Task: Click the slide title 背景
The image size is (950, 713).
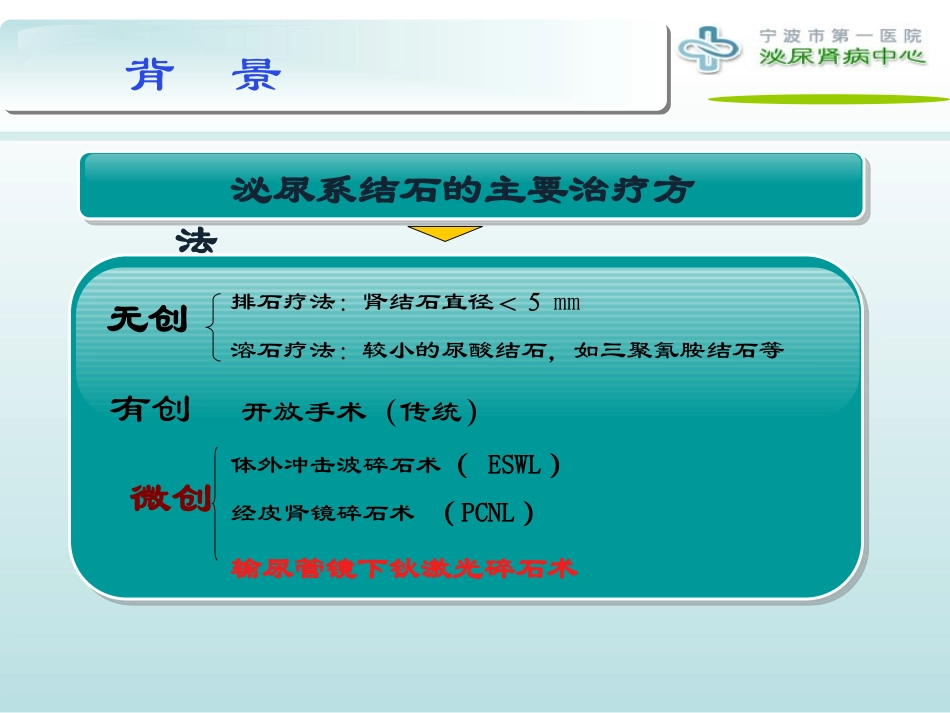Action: click(205, 76)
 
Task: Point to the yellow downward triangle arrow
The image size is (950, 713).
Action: click(445, 233)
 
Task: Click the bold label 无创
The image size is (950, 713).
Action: click(148, 320)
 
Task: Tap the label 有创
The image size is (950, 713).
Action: click(150, 409)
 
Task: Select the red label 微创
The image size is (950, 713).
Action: click(171, 498)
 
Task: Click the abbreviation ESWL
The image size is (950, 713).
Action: click(514, 465)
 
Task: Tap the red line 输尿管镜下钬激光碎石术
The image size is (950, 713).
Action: click(404, 569)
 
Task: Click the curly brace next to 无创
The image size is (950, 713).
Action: click(212, 325)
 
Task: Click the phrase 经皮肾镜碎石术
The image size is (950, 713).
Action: click(322, 514)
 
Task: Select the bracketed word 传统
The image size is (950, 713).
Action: click(432, 412)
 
